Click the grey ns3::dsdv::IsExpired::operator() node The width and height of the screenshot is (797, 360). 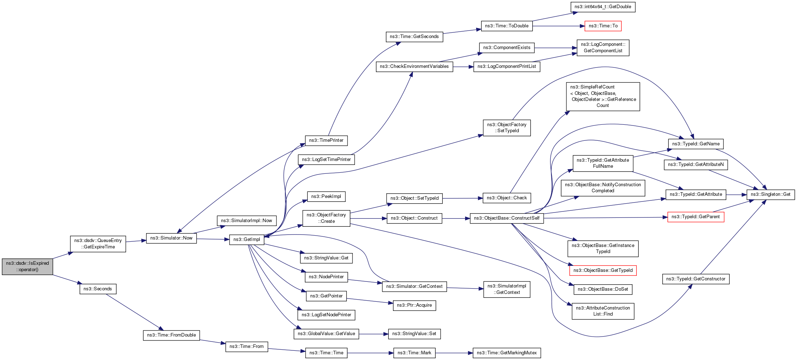coord(27,267)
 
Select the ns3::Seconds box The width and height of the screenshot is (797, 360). coord(98,289)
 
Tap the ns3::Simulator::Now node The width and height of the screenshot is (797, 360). coord(171,238)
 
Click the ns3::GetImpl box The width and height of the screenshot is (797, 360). coord(247,240)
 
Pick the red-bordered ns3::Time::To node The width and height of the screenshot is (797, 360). coord(603,26)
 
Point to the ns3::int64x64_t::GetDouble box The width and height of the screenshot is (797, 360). coord(603,7)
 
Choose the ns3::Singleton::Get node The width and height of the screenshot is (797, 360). coord(770,194)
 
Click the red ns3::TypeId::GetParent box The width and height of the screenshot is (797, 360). coord(695,217)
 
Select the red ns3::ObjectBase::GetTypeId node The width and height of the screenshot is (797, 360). coord(603,270)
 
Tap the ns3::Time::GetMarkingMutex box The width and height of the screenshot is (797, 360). coord(507,353)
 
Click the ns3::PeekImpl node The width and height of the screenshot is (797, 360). coord(326,197)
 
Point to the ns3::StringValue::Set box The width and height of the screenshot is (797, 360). coord(414,334)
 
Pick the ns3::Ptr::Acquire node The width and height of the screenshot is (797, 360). coord(414,305)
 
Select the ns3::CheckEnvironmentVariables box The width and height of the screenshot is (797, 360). coord(414,66)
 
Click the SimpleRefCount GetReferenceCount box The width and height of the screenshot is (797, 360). coord(603,96)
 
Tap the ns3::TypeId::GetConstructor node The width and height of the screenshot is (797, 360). coord(696,279)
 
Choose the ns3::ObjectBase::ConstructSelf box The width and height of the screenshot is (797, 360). coord(507,218)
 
